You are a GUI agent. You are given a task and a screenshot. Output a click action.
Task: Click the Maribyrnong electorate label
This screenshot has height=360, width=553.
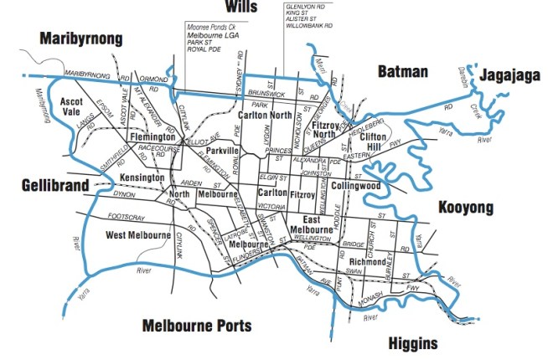click(x=80, y=39)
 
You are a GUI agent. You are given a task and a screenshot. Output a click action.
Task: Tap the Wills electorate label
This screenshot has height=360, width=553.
click(x=240, y=8)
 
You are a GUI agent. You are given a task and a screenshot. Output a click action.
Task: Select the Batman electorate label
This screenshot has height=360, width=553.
click(x=402, y=71)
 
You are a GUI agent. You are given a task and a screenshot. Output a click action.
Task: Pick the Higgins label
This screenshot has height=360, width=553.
click(x=413, y=343)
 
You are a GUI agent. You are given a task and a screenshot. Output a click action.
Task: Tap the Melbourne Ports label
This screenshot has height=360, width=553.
click(x=196, y=325)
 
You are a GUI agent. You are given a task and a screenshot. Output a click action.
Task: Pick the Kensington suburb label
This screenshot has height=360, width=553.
click(x=143, y=178)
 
